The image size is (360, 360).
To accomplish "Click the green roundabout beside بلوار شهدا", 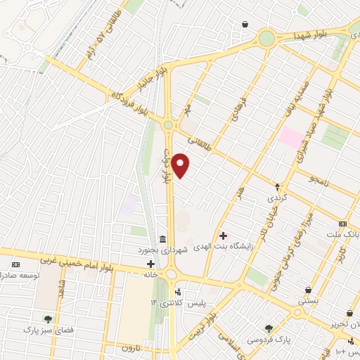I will pyautogui.click(x=266, y=38).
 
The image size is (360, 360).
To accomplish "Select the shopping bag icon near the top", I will pyautogui.click(x=244, y=25).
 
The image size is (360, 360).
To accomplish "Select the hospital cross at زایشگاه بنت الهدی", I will pyautogui.click(x=224, y=236).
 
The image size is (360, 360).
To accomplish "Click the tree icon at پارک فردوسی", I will pyautogui.click(x=269, y=328).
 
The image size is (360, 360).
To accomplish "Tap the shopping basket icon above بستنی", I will pyautogui.click(x=309, y=290).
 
